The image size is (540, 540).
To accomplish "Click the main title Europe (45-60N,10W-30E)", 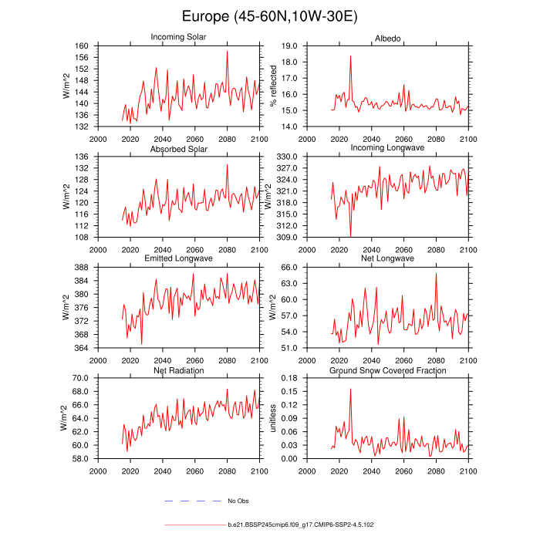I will (x=270, y=16).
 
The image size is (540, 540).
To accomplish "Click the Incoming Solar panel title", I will (x=178, y=37).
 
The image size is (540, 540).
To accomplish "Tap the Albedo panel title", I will (x=387, y=37).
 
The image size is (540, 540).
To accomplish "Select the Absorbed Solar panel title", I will (x=178, y=148).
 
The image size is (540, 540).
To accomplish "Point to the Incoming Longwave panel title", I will (x=387, y=148).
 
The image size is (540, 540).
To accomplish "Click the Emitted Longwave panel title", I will (x=178, y=258).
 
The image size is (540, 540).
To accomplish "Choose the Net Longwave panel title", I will (x=387, y=258).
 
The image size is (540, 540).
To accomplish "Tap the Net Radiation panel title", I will (x=178, y=370).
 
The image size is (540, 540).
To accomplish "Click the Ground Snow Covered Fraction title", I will (x=387, y=370).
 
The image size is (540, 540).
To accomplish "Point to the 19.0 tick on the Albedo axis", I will (x=291, y=46).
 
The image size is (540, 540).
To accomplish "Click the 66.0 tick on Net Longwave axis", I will (x=291, y=268).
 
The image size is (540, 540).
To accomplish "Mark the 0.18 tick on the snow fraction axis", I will (x=291, y=378).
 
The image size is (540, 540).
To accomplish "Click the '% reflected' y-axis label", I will (x=272, y=86).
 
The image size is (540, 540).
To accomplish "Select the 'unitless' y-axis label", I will (x=272, y=417).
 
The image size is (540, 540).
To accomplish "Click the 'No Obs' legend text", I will (x=238, y=501).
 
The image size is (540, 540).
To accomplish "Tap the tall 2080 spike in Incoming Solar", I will (x=227, y=52).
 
